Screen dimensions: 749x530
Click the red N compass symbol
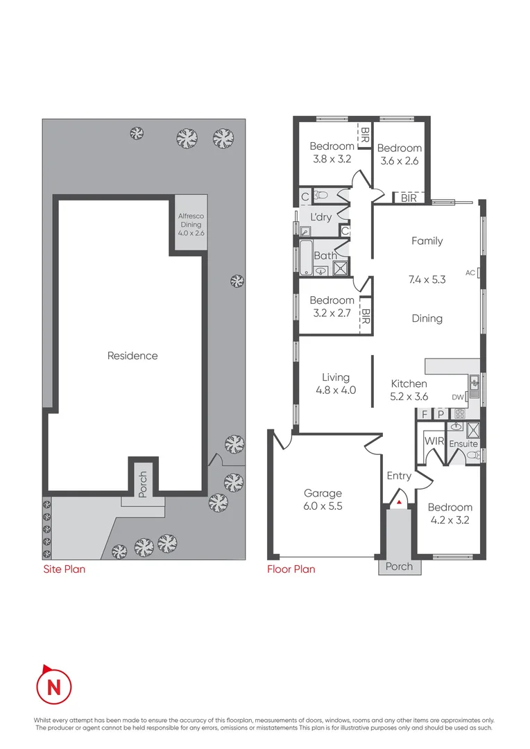tap(53, 687)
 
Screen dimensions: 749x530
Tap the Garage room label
tap(323, 494)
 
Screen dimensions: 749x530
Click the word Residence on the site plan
tap(132, 356)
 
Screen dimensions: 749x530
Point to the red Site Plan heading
tap(65, 569)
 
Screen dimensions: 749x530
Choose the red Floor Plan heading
tap(291, 569)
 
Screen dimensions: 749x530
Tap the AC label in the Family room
tap(470, 273)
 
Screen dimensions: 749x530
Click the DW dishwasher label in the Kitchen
tap(456, 397)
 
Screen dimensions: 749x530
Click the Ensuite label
tap(463, 444)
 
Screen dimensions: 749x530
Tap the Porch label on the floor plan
tap(399, 567)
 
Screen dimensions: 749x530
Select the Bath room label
tap(325, 256)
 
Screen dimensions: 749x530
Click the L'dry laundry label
tap(320, 217)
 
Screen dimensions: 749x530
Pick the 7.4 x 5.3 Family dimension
tap(427, 280)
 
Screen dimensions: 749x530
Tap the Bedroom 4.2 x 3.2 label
tap(450, 513)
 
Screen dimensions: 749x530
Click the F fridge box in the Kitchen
tap(425, 414)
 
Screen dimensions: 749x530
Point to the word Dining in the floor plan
tap(427, 318)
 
